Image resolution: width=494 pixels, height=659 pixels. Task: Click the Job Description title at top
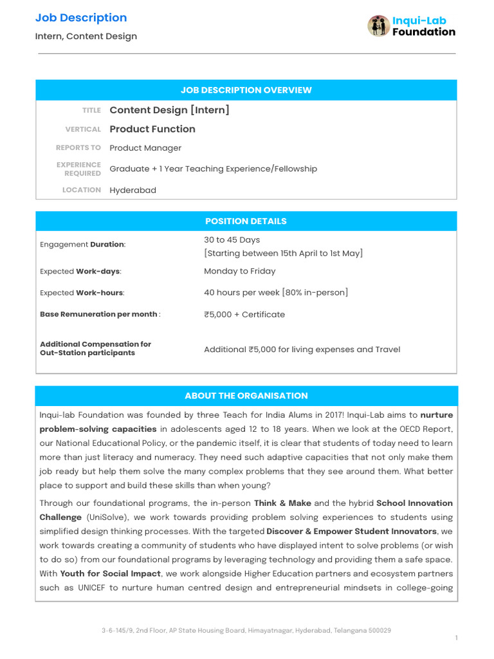(81, 18)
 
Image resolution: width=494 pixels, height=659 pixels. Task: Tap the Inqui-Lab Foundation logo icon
(379, 26)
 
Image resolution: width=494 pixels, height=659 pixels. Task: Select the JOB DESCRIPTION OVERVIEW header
(246, 90)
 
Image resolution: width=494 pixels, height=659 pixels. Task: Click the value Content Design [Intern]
(169, 110)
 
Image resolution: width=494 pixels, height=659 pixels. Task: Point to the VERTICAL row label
(83, 129)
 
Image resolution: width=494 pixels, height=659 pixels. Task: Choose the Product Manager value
(145, 148)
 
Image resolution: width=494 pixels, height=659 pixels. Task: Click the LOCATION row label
(82, 190)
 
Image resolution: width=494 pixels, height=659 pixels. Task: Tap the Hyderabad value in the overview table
(133, 190)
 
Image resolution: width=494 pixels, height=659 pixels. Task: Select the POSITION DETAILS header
(246, 221)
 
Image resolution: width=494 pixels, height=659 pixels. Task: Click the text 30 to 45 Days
(232, 239)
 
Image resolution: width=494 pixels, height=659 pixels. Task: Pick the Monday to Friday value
(239, 271)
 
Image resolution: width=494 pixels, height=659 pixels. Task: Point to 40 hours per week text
(241, 292)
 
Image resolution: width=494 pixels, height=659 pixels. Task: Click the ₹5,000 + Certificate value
(244, 314)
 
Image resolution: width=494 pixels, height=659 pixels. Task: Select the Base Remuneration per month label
(98, 314)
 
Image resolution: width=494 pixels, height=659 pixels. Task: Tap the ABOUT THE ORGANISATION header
(246, 396)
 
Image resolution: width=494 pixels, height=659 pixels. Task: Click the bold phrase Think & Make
(282, 503)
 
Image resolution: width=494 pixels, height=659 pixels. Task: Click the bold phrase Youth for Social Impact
(111, 574)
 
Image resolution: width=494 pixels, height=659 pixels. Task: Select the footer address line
(246, 631)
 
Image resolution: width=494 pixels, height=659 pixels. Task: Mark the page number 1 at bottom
(456, 638)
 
